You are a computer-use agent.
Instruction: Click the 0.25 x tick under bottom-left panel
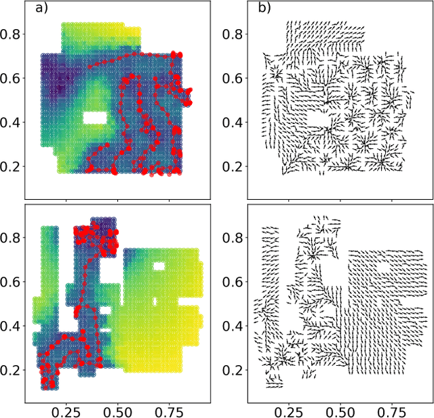[x=66, y=411]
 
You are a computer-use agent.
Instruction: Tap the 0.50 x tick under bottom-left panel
[x=118, y=411]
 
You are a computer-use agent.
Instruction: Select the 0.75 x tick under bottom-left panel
[x=170, y=411]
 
